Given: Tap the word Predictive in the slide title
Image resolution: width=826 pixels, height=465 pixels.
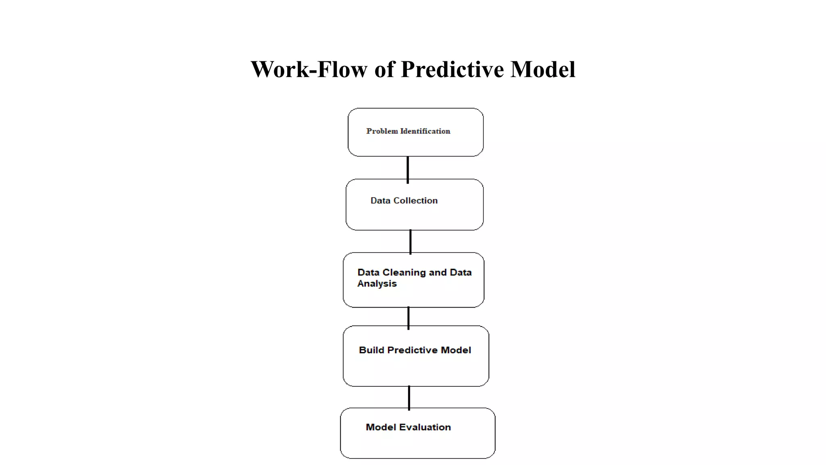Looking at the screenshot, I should pos(452,69).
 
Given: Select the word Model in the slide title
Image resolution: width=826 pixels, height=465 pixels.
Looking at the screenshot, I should pos(543,69).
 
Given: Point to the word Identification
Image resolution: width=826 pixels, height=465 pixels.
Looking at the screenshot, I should pos(425,131).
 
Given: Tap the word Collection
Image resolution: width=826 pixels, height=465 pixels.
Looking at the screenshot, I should pos(415,201).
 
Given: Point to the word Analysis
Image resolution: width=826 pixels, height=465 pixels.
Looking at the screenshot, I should pos(377,284).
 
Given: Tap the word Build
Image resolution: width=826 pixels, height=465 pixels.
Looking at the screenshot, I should pos(371,350).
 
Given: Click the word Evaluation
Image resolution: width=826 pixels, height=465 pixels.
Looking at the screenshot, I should pos(425,427).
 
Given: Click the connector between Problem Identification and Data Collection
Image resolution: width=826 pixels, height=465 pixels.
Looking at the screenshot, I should pos(408,169).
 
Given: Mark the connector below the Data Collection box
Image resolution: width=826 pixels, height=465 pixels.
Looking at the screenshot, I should pos(411,242).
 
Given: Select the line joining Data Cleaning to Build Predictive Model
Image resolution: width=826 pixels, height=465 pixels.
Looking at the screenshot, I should pos(409,318).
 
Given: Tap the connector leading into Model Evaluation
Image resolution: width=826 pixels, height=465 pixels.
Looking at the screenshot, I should pos(409,398).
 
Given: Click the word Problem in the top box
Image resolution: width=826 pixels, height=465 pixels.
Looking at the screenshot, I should pos(382,131).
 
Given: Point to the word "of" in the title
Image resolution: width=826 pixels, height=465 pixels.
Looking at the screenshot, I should pos(384,69).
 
